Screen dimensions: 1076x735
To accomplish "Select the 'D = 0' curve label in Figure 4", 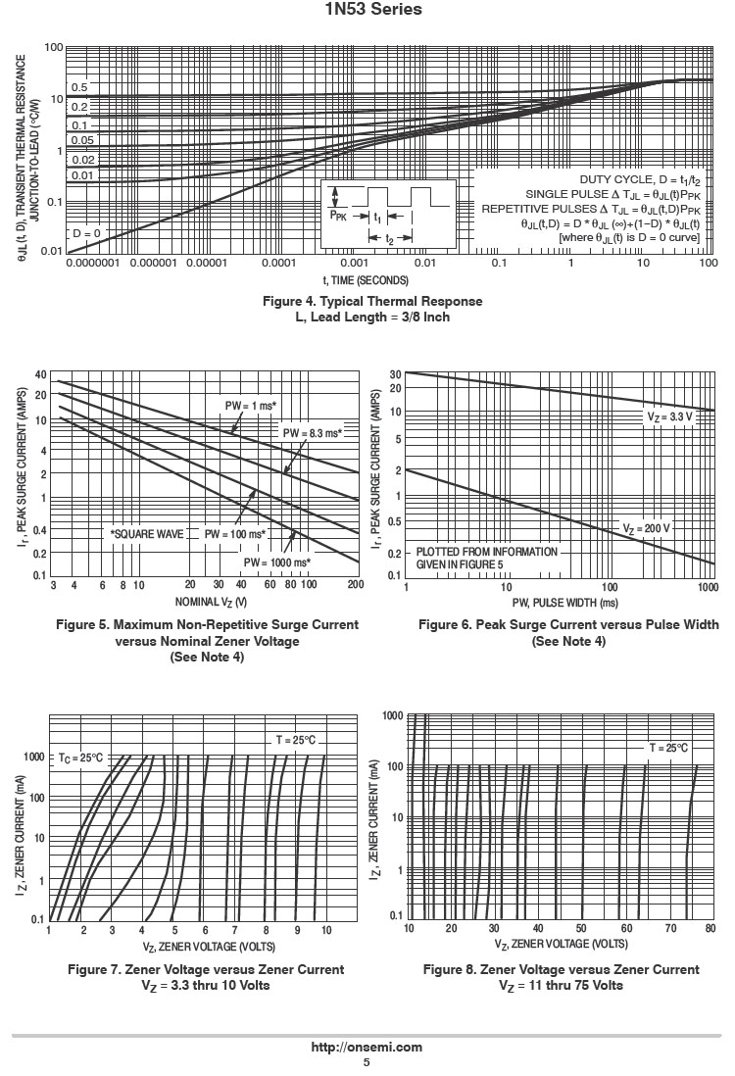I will click(86, 233).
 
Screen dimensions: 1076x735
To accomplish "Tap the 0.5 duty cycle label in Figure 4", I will click(78, 87).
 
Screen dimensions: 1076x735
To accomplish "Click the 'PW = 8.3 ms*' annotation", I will click(313, 433).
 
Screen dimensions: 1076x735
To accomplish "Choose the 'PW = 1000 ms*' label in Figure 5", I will click(277, 562).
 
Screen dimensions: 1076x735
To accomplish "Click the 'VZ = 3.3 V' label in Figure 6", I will click(669, 416).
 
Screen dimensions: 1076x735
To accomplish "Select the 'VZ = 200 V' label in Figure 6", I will click(647, 528).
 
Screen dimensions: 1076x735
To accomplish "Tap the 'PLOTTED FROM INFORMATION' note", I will click(487, 552).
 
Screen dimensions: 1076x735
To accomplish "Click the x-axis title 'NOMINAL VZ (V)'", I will click(211, 601).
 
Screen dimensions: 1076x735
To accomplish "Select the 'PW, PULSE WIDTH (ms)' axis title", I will click(556, 602).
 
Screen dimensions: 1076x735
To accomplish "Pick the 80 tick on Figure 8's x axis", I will click(710, 928).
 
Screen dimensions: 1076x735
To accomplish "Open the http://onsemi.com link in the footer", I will click(367, 1047).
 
